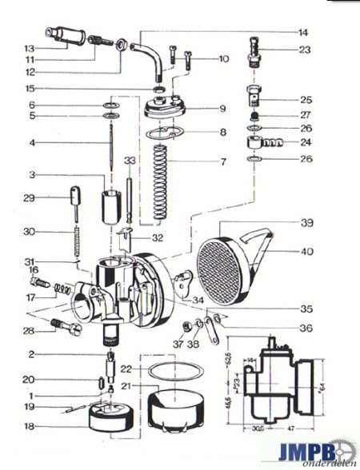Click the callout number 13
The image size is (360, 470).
tap(29, 47)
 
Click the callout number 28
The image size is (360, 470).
tap(29, 331)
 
